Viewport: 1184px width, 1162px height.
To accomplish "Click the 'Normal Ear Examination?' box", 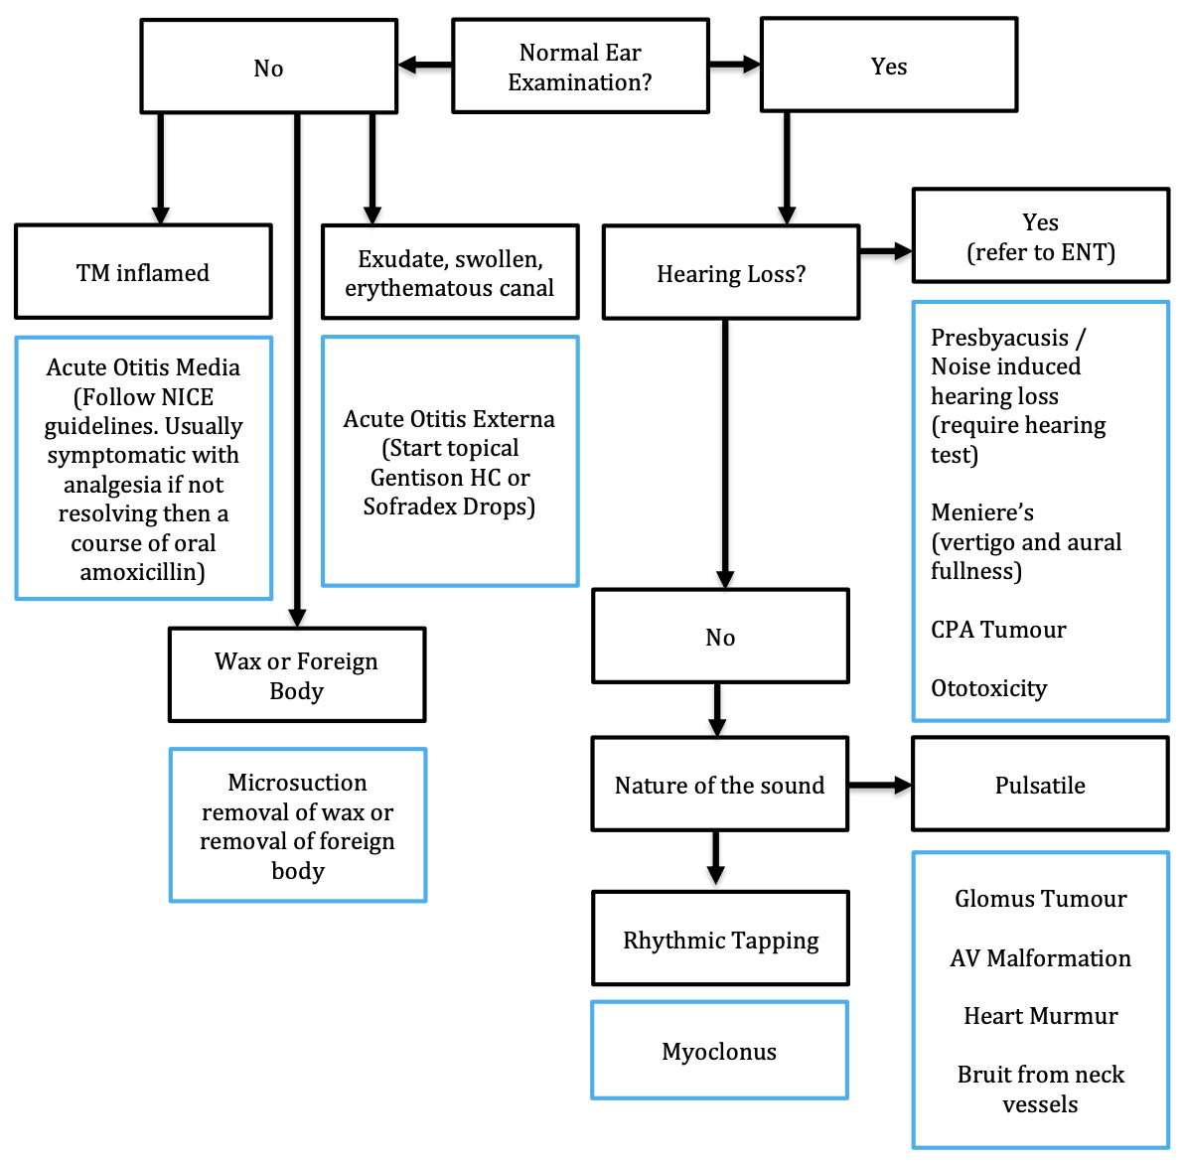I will coord(580,67).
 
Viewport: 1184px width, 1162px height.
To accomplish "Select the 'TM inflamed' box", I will coord(143,272).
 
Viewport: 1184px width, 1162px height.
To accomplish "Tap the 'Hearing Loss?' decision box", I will coord(730,273).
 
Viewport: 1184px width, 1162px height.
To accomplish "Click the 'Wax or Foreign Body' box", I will coord(297,675).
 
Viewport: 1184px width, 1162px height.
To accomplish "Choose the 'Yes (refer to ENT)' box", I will coord(1040,236).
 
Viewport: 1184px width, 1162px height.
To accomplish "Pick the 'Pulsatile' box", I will coord(1040,785).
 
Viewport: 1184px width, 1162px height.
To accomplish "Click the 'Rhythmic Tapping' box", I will coord(720,939).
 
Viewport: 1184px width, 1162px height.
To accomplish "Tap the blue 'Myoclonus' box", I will coord(719,1051).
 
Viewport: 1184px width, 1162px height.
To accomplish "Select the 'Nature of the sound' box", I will coord(719,785).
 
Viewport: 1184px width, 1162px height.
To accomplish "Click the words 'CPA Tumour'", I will coord(998,630).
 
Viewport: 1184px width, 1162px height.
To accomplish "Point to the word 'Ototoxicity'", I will coord(988,688).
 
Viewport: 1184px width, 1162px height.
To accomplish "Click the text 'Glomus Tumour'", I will coord(1040,899).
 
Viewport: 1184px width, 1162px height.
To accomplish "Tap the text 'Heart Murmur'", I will coord(1040,1016).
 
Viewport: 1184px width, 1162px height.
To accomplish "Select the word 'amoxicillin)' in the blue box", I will coord(142,572).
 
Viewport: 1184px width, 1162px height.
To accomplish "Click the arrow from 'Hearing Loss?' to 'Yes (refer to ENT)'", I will coord(885,252).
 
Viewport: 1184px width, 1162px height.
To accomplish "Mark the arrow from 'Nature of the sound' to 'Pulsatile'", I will coord(880,785).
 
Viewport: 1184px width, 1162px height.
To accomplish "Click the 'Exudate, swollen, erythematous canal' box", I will coord(450,272).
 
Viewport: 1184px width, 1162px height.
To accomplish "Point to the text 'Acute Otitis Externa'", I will coord(449,419).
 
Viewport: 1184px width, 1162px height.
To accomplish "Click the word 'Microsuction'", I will coord(297,783).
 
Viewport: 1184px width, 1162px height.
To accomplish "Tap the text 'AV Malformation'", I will coord(1040,958).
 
